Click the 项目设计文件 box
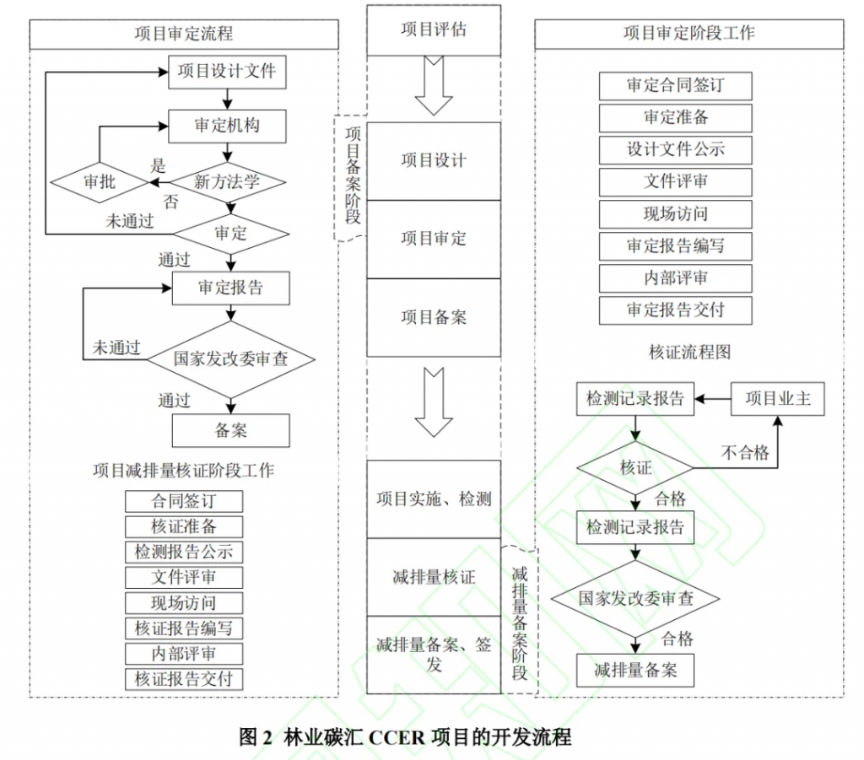(227, 72)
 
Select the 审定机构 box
(227, 126)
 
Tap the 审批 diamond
(100, 181)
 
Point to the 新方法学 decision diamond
(228, 181)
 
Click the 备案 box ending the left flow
(230, 430)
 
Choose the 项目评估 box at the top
(433, 30)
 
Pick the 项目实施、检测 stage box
(433, 499)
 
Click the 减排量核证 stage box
(433, 578)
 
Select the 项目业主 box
(777, 398)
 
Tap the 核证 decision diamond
(635, 466)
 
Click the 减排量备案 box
(635, 671)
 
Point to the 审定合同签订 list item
(675, 86)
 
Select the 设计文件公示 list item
(675, 150)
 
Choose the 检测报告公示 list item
(184, 552)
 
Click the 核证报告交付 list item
(184, 678)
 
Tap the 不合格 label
(745, 453)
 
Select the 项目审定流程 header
(184, 34)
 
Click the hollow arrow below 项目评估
(434, 84)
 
